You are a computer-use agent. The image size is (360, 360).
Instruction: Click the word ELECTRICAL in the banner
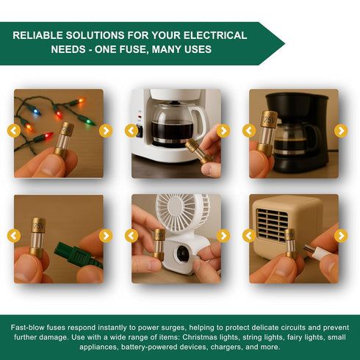click(x=215, y=35)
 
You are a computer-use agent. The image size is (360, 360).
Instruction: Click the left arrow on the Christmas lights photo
click(x=14, y=131)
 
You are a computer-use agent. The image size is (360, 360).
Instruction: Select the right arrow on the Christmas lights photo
click(x=106, y=131)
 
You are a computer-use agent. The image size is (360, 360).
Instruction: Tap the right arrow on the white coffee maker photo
click(x=223, y=131)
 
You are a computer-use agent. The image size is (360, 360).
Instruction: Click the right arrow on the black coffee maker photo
click(x=341, y=131)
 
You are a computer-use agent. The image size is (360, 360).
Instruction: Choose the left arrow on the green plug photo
click(x=14, y=236)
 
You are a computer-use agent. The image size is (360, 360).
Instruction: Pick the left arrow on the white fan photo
click(x=132, y=236)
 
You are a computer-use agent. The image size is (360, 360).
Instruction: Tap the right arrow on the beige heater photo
click(x=341, y=236)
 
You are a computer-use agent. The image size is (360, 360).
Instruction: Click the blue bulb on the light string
click(x=36, y=112)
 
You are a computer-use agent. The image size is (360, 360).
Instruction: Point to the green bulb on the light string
click(x=90, y=121)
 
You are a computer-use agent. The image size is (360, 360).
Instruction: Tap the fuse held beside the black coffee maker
click(x=267, y=134)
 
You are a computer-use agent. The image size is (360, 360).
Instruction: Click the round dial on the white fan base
click(x=183, y=253)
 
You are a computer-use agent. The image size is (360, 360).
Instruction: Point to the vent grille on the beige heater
click(x=272, y=225)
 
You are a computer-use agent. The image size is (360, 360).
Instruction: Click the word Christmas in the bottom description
click(x=200, y=337)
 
